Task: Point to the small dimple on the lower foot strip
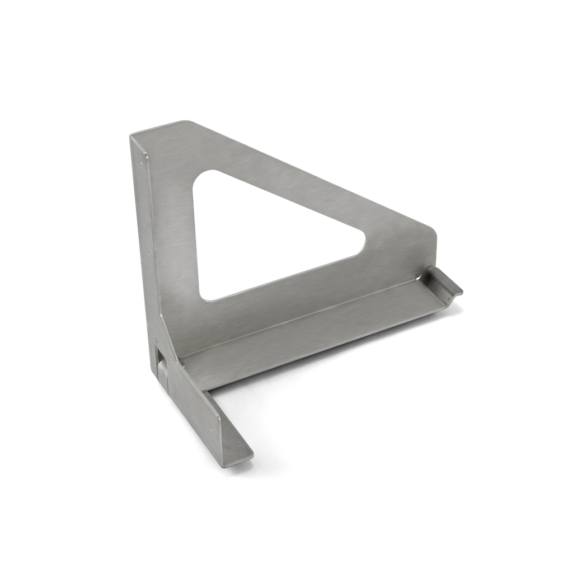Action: [210, 431]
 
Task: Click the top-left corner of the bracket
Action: [130, 135]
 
